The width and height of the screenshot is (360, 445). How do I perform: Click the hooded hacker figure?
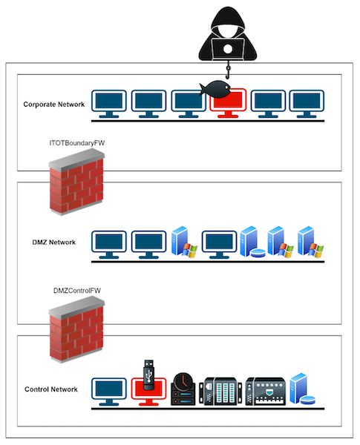click(228, 34)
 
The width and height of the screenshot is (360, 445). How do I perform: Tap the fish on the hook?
click(215, 89)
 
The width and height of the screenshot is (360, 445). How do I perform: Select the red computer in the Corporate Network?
click(228, 104)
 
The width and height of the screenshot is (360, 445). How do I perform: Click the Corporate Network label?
click(54, 105)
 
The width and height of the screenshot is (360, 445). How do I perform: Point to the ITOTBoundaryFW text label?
click(77, 143)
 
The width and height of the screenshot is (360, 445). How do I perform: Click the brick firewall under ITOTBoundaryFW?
click(76, 182)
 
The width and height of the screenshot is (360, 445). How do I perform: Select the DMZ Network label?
click(54, 243)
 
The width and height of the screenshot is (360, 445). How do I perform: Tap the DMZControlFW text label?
click(77, 291)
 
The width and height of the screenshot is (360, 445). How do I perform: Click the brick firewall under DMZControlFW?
click(76, 329)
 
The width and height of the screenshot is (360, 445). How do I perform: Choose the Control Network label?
click(51, 389)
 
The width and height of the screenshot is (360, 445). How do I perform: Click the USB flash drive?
click(148, 375)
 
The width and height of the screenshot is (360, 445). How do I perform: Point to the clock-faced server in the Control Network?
click(183, 389)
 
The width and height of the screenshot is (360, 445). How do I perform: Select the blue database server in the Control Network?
click(302, 389)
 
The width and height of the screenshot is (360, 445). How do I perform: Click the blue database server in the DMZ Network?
click(252, 242)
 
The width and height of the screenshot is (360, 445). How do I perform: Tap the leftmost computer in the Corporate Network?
click(109, 104)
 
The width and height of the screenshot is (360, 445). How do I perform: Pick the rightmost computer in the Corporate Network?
click(307, 104)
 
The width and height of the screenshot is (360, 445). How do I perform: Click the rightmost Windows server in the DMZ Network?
click(310, 242)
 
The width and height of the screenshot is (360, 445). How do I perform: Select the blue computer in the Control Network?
click(109, 392)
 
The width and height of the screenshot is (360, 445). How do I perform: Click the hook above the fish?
click(228, 70)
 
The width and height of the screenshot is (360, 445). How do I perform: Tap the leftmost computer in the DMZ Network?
click(109, 245)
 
